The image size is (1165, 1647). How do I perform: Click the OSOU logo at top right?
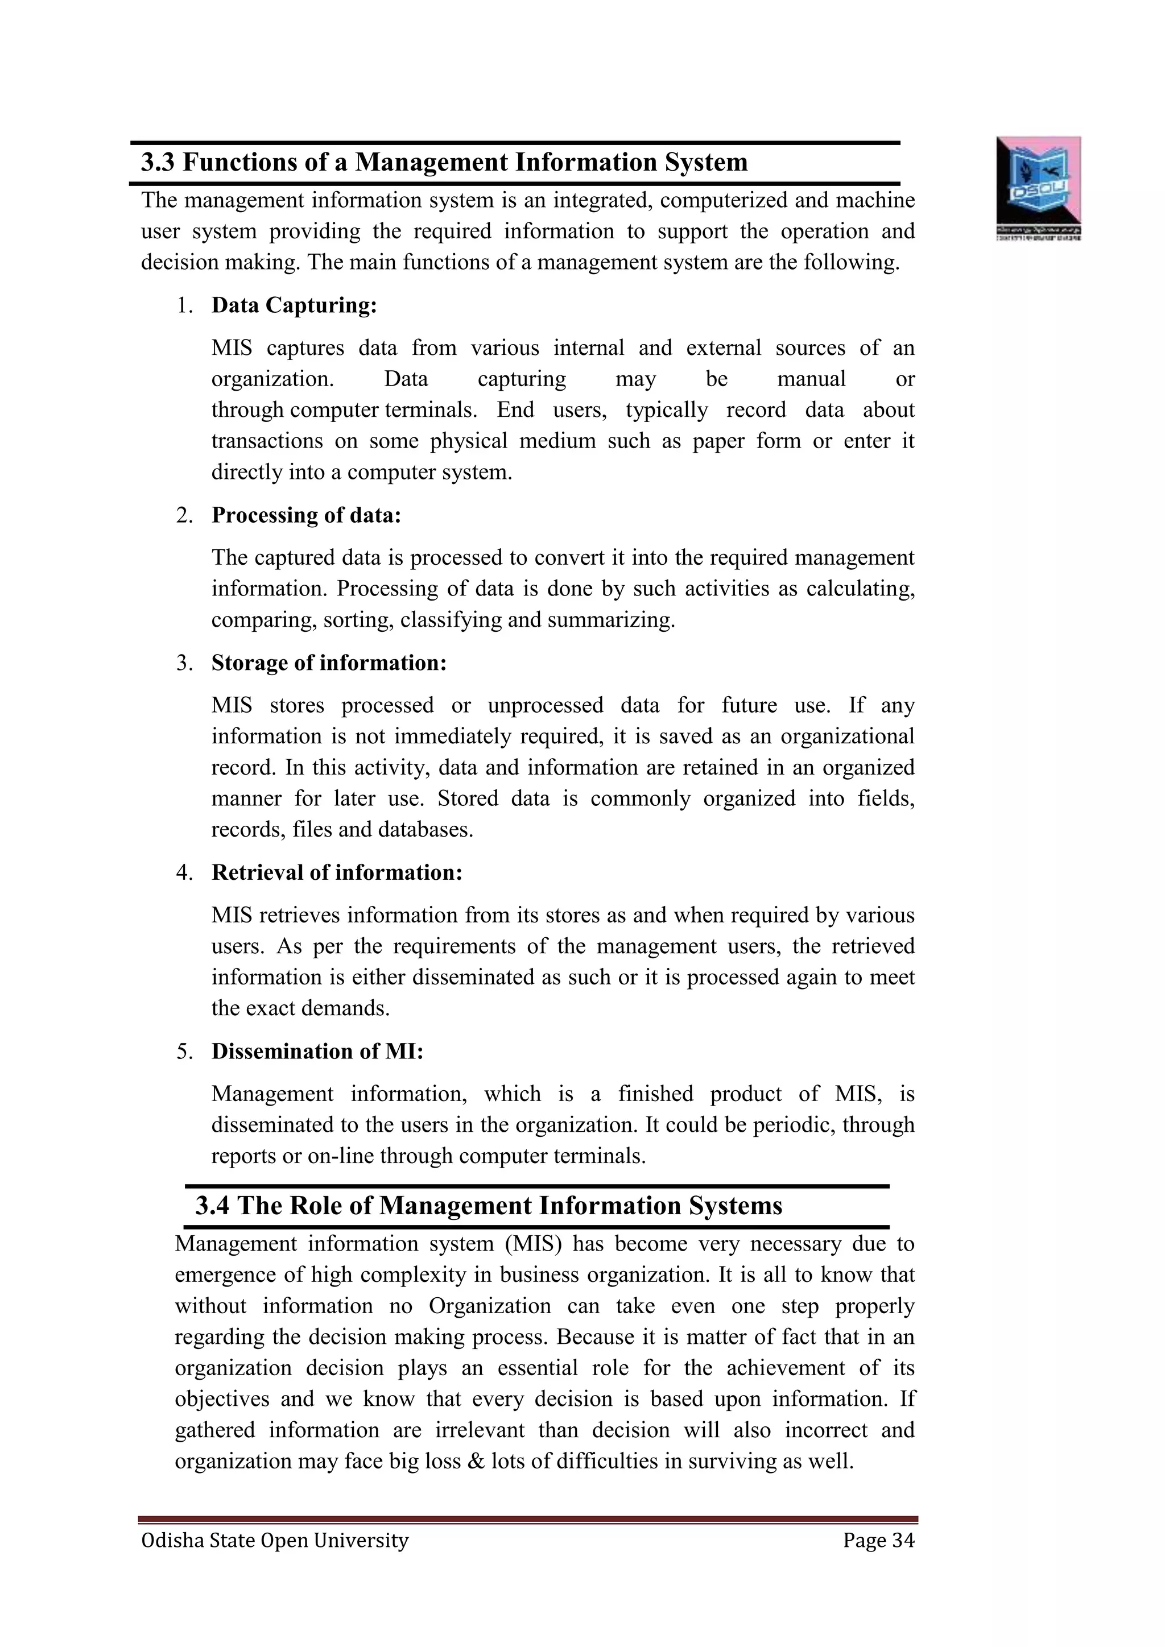(1038, 188)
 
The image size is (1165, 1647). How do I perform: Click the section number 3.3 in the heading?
(157, 162)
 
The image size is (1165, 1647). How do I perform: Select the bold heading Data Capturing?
(294, 305)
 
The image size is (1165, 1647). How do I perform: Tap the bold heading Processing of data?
(306, 515)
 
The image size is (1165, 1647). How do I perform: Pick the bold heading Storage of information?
(329, 663)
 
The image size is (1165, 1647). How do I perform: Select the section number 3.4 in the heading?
(212, 1206)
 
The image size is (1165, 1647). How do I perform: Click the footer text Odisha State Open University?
(275, 1540)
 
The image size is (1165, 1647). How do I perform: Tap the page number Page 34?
(879, 1540)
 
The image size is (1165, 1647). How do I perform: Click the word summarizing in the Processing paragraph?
(610, 620)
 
